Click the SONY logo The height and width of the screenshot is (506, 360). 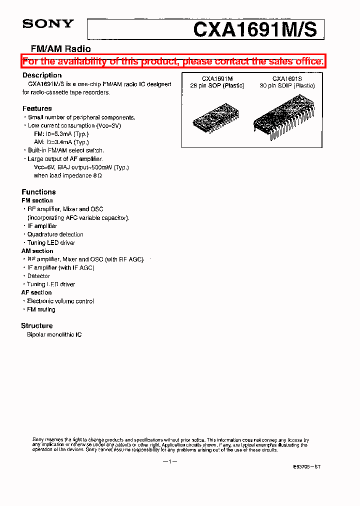[48, 23]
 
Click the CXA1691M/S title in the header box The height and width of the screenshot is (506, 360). [254, 30]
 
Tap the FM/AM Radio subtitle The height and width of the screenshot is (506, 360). [61, 49]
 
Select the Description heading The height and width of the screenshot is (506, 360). [42, 75]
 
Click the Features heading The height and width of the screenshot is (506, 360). [37, 108]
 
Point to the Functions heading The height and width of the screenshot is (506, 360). [38, 191]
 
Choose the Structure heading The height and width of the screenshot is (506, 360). [37, 325]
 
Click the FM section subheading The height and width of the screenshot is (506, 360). [37, 200]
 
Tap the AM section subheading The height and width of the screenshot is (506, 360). [37, 251]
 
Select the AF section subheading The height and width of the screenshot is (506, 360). [36, 292]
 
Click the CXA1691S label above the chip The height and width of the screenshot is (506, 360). [286, 78]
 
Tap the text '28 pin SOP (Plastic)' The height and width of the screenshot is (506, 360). [217, 85]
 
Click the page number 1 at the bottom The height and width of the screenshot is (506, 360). [170, 461]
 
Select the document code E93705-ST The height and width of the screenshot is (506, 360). [306, 466]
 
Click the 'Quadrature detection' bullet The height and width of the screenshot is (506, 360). [55, 234]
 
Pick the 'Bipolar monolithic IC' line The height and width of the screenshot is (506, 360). [54, 334]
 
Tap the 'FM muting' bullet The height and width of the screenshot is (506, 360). [41, 309]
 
